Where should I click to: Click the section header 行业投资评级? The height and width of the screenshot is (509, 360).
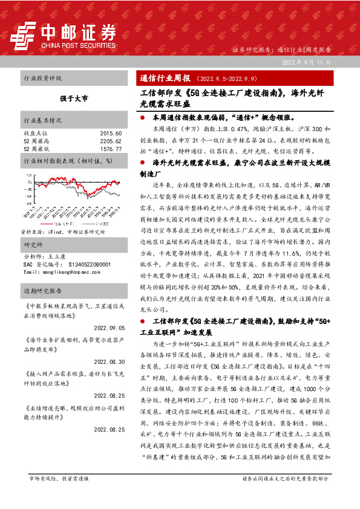(42, 79)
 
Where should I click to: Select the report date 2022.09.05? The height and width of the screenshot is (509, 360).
(109, 327)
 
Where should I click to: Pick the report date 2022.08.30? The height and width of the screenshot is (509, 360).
(109, 361)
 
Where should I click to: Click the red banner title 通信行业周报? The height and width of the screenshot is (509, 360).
(165, 79)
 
